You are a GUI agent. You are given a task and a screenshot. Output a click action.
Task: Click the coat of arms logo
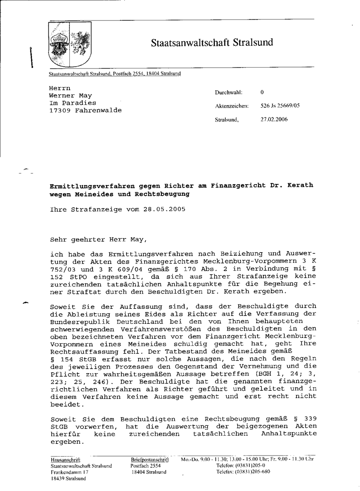coord(69,45)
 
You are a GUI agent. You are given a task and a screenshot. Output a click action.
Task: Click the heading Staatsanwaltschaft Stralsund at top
coord(212,43)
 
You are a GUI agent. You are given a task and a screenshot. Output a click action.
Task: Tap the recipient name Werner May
coord(70,96)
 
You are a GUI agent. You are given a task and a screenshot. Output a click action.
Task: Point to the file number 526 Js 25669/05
coord(280,106)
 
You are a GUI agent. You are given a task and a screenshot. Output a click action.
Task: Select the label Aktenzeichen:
coord(232,106)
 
